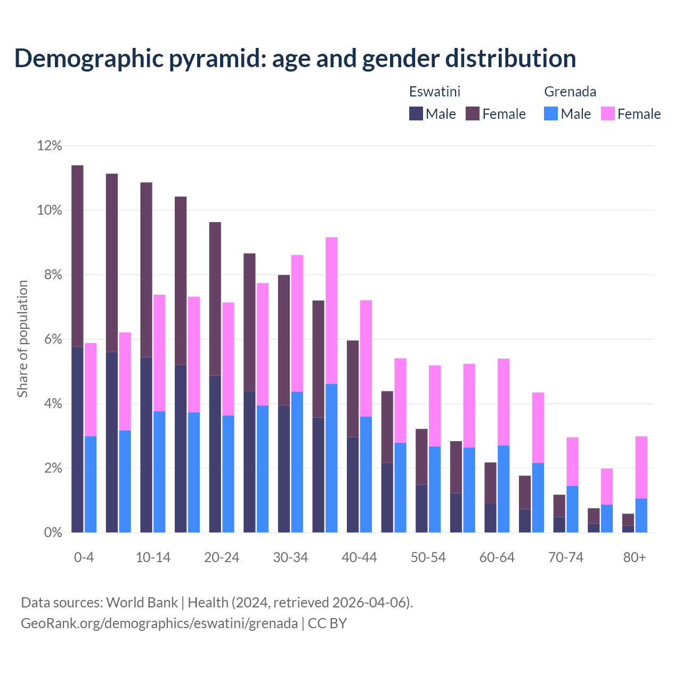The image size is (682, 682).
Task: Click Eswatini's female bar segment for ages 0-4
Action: pos(77,256)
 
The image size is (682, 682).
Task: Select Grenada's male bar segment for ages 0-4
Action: pos(91,484)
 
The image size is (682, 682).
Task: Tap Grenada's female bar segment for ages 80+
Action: pos(641,467)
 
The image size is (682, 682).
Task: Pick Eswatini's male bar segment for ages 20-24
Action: pos(215,453)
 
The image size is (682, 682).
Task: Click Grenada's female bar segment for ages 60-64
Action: pos(504,402)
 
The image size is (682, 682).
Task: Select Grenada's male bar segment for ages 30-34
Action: pos(297,462)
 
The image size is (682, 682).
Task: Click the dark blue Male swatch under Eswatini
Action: pos(416,113)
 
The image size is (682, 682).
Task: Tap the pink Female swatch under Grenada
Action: pos(608,113)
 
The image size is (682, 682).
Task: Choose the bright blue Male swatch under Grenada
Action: pos(551,113)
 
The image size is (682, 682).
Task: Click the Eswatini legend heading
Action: pos(434,92)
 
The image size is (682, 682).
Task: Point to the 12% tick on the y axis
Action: pos(50,145)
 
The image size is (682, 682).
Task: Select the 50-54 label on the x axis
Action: pos(428,557)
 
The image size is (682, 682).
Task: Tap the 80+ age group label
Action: pos(635,557)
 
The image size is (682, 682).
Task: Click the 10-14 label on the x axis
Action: pos(153,557)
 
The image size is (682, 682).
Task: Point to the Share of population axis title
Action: pos(22,339)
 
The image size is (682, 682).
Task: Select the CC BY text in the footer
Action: pos(327,623)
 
